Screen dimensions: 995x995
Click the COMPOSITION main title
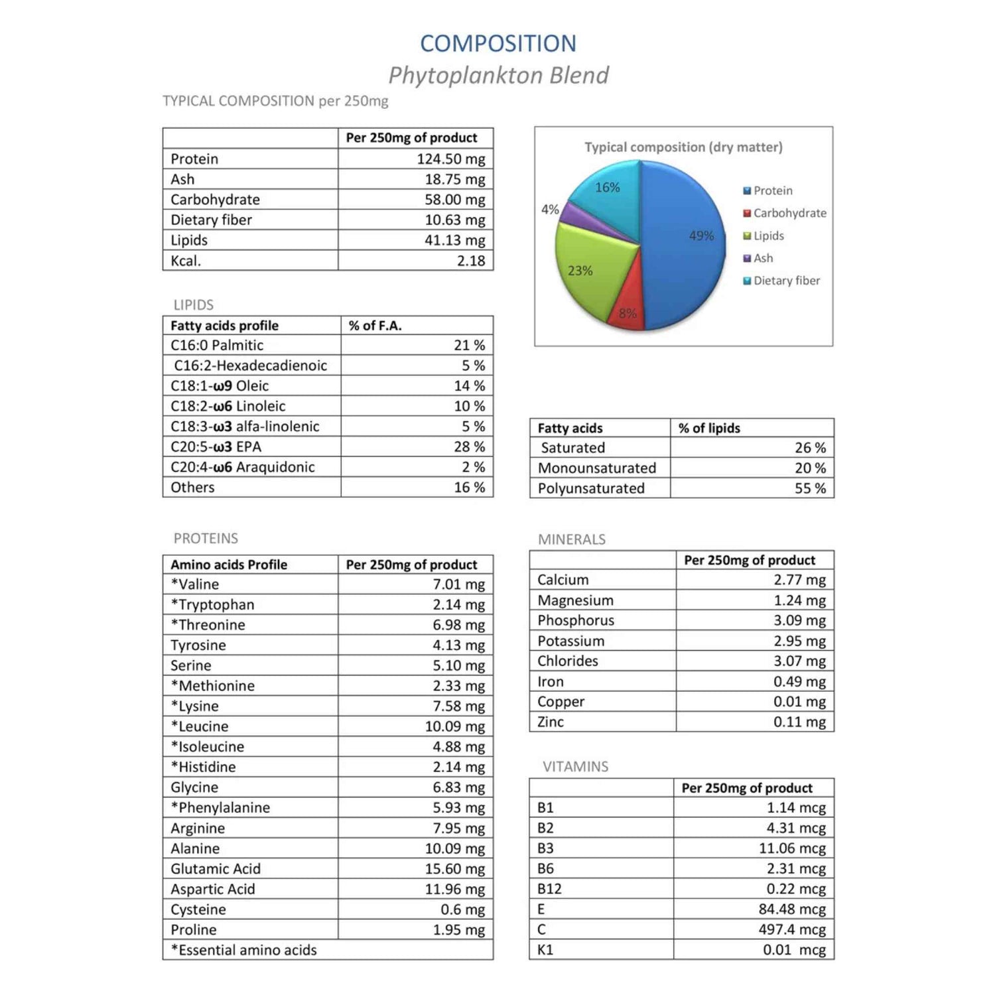(x=498, y=44)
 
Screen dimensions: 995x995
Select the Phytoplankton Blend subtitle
(x=498, y=76)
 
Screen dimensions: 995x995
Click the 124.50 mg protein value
(x=451, y=159)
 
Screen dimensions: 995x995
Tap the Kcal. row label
(x=186, y=261)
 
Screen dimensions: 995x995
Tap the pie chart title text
(x=683, y=147)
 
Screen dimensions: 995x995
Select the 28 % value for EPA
(x=469, y=447)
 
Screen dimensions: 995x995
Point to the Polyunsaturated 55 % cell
(x=810, y=489)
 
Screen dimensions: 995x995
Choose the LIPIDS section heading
(x=194, y=305)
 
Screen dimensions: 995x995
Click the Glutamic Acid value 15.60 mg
(x=455, y=869)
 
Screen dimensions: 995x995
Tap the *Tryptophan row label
(x=212, y=605)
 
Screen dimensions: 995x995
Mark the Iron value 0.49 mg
(x=799, y=682)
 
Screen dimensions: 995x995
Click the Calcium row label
(x=563, y=580)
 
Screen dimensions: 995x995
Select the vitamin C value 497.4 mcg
(x=792, y=930)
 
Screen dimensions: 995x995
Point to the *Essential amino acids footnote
(x=244, y=951)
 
